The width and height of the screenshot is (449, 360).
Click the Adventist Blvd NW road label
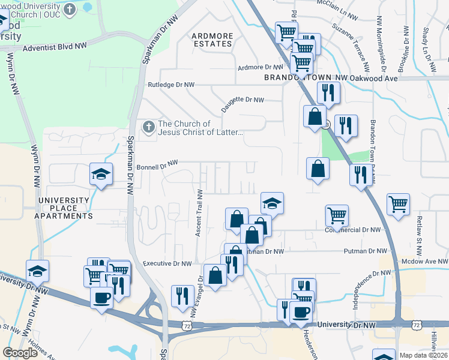click(x=55, y=45)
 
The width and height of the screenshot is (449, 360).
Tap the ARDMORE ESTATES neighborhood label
click(x=212, y=40)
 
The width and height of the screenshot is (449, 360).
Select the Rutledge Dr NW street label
click(x=172, y=85)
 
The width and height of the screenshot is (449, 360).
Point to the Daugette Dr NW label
click(x=243, y=100)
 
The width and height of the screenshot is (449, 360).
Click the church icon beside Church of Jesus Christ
click(x=148, y=127)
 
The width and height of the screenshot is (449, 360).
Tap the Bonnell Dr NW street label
click(x=158, y=164)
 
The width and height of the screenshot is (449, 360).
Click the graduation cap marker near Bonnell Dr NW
click(x=101, y=175)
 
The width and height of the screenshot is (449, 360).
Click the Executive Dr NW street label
click(x=167, y=263)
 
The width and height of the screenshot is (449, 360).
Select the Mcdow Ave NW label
click(x=426, y=262)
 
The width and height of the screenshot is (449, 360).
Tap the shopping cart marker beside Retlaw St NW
click(x=398, y=205)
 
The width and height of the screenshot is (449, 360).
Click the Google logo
click(x=20, y=353)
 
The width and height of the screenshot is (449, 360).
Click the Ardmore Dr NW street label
click(x=260, y=68)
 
